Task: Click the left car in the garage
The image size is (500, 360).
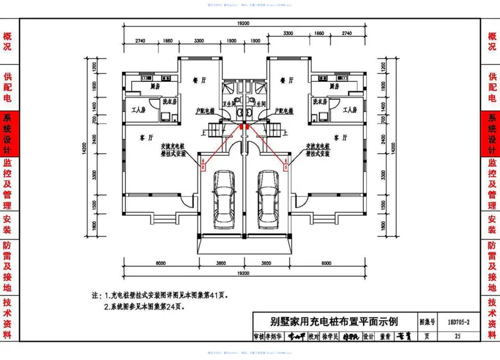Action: [222, 196]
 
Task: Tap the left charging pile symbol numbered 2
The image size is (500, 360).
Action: [202, 167]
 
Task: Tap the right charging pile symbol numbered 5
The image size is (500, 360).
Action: [286, 167]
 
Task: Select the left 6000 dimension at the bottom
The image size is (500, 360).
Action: [160, 264]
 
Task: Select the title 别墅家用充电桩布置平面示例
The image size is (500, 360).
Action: [334, 322]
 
